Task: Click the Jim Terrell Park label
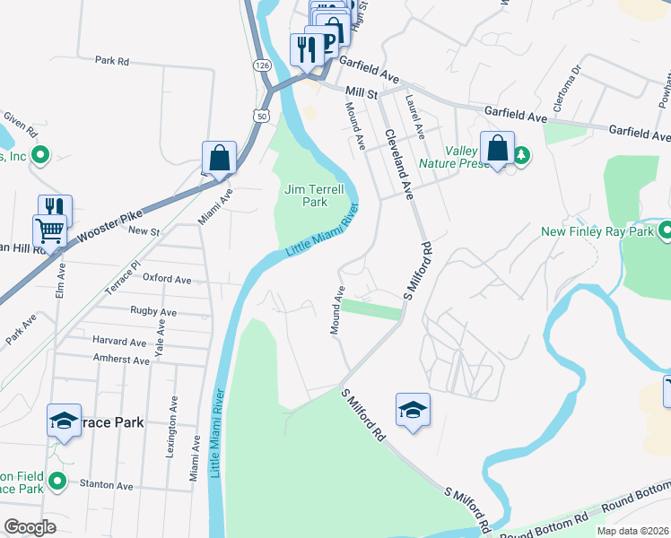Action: [307, 195]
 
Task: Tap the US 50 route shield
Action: [261, 116]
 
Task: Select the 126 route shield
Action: [261, 65]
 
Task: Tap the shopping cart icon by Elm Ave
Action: [49, 231]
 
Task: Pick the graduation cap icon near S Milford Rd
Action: [413, 411]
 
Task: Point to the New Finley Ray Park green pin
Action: [664, 232]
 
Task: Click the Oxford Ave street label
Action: [167, 280]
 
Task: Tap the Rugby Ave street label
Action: [153, 312]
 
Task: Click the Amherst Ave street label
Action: [121, 360]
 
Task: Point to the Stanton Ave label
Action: [106, 486]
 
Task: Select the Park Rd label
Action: [112, 61]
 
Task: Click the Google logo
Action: [30, 527]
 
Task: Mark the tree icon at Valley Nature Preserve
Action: [521, 155]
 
